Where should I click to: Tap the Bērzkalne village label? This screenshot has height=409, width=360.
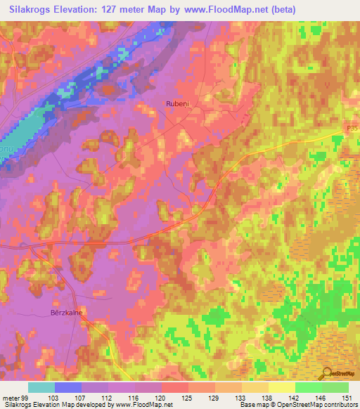(x=67, y=313)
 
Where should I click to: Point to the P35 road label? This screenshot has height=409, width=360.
(x=352, y=129)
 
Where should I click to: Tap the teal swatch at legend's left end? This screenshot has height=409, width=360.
(x=41, y=388)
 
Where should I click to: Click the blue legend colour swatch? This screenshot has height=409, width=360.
(x=68, y=388)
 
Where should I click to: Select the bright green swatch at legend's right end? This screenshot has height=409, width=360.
(x=335, y=388)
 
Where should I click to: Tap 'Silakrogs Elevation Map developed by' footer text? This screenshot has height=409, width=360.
(x=47, y=404)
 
